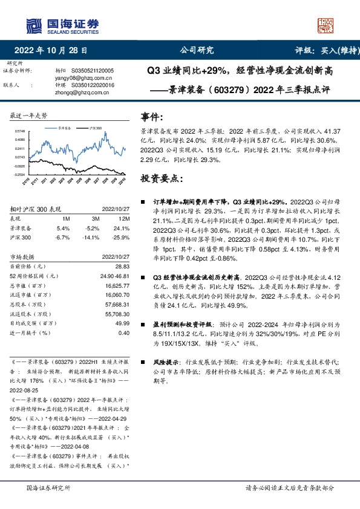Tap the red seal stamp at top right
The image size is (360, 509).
click(326, 25)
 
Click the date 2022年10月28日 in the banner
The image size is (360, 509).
click(51, 51)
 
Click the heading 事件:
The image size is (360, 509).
click(151, 117)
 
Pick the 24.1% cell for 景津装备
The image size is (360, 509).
click(122, 229)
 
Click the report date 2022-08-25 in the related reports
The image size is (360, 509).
click(25, 391)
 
